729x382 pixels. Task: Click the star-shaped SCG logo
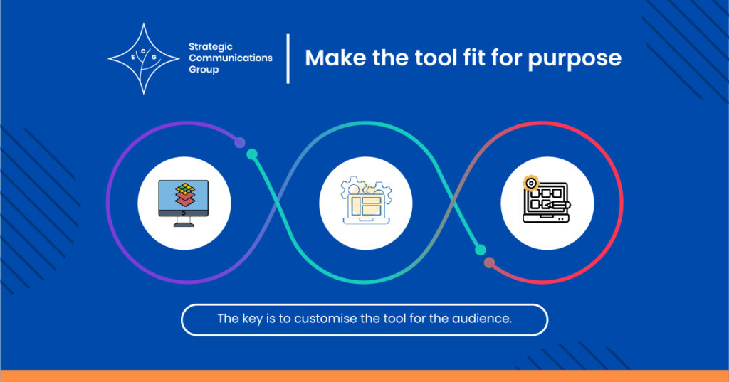pos(144,58)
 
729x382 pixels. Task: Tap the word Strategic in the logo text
pos(211,47)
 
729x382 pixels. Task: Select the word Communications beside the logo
pos(231,58)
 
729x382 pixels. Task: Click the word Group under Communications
pos(204,70)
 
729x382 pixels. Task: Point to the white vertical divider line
pos(288,58)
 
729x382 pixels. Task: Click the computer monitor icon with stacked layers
pos(184,203)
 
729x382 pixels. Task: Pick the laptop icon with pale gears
pos(366,201)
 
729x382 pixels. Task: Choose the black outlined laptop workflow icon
pos(546,199)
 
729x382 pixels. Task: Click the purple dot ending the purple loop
pos(240,142)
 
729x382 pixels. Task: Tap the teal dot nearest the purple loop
pos(252,154)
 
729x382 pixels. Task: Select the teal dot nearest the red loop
pos(481,250)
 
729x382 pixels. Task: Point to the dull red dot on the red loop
pos(490,263)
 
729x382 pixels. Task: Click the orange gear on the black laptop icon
pos(530,183)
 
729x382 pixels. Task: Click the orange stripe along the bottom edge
pos(364,376)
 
